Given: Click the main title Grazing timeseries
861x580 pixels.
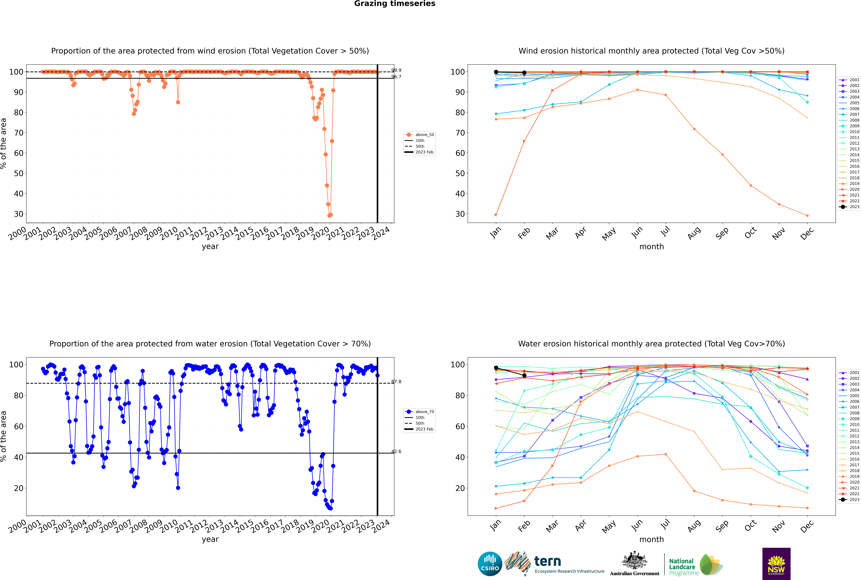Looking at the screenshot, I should click(x=395, y=4).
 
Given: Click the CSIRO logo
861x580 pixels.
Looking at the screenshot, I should click(x=490, y=564).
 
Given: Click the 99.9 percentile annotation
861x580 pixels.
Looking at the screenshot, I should click(x=396, y=70).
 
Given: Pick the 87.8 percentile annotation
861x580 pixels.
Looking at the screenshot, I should click(x=396, y=382).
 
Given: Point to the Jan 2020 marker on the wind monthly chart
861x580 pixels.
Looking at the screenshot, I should click(x=496, y=215).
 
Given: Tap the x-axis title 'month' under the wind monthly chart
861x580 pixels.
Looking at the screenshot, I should click(x=651, y=247).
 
